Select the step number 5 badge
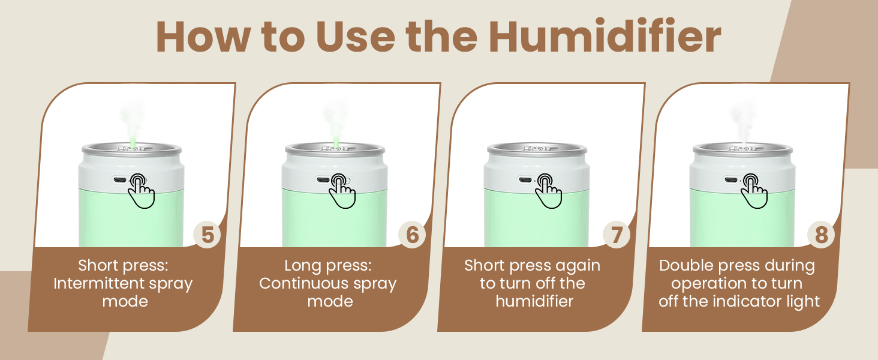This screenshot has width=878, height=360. [x=208, y=235]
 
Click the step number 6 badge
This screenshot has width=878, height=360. [x=412, y=235]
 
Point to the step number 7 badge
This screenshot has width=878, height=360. [x=617, y=235]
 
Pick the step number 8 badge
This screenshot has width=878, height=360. [x=821, y=235]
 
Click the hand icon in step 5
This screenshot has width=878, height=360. [x=142, y=191]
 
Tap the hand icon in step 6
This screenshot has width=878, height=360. [x=343, y=191]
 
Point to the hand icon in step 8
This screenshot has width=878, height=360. [x=754, y=191]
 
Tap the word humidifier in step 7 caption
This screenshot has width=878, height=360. [x=534, y=301]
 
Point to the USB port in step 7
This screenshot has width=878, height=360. [x=525, y=180]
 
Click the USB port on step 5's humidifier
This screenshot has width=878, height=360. [x=119, y=180]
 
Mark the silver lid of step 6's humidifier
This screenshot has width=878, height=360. [x=335, y=149]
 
